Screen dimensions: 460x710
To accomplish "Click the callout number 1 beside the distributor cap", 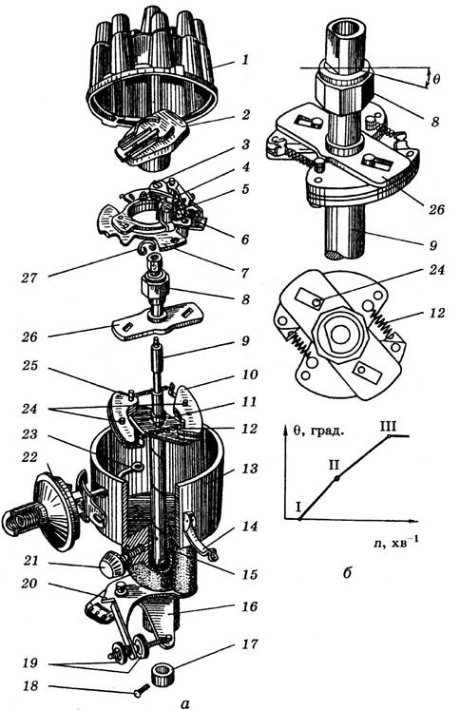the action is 245,59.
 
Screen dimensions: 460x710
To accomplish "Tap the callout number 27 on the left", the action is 29,278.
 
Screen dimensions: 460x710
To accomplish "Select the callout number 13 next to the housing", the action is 249,468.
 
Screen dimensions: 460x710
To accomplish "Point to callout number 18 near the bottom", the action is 30,686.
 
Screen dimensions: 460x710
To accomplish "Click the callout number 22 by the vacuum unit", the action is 30,458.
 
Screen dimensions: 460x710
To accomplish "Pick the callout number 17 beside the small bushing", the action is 250,643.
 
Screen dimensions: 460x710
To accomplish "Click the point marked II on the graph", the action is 336,479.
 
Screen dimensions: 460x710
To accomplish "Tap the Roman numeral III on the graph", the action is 389,426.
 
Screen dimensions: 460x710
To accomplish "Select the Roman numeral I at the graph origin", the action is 298,506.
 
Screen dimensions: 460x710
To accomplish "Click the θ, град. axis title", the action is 318,431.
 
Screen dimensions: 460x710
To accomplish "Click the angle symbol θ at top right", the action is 435,80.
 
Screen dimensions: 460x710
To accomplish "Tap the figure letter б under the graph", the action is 347,573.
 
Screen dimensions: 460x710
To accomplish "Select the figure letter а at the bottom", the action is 184,703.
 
